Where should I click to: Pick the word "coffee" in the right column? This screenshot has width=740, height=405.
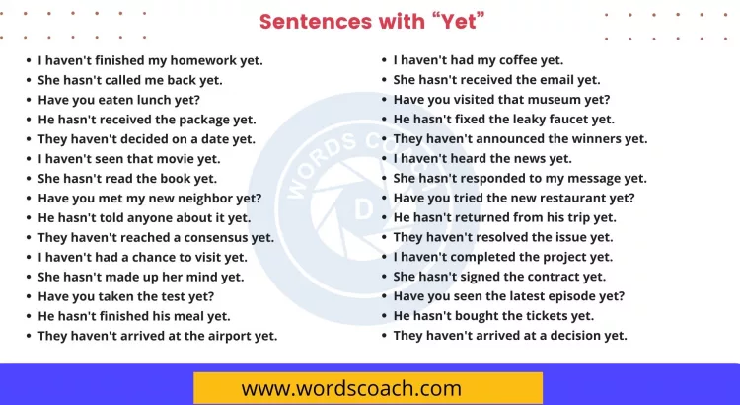(521, 60)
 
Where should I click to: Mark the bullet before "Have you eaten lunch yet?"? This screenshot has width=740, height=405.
(29, 100)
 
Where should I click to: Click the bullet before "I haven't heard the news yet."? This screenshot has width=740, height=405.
(384, 159)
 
